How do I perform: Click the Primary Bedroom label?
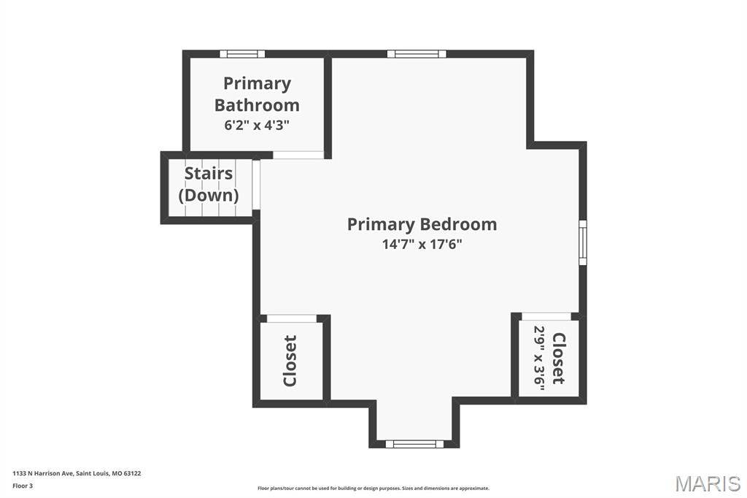coord(422,224)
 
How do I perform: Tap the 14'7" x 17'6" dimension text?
coord(422,244)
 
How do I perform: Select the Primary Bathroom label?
coord(257,94)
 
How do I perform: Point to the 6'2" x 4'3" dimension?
coord(257,126)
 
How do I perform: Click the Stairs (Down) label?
coord(209,184)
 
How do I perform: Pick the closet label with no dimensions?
coord(290,361)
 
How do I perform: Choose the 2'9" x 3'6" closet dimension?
coord(539,359)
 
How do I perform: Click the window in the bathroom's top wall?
coord(242,54)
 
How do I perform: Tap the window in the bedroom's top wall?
coord(417,54)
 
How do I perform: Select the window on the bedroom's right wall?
coord(583,242)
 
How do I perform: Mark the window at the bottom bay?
coord(414,444)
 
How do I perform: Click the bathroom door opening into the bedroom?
coord(298,155)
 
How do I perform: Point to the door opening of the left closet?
coord(292,318)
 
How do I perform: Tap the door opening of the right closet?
coord(546,316)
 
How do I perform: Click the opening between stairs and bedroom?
coord(256,185)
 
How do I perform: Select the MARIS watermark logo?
coord(708,483)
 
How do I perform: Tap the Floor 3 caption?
coord(23,486)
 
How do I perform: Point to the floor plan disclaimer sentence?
coord(373,488)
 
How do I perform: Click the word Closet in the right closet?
coord(558,359)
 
